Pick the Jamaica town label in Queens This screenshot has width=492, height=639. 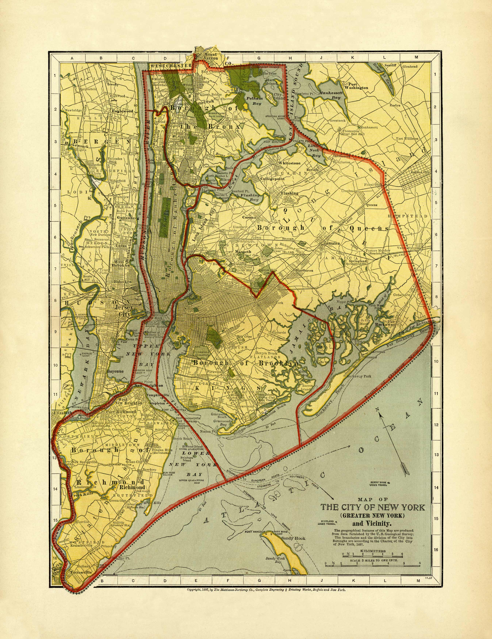pyautogui.click(x=331, y=243)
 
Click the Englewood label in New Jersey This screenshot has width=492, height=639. pyautogui.click(x=122, y=111)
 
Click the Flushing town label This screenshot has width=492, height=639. pyautogui.click(x=290, y=193)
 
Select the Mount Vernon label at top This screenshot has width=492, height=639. pyautogui.click(x=211, y=56)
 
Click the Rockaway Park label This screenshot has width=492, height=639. pyautogui.click(x=359, y=376)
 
